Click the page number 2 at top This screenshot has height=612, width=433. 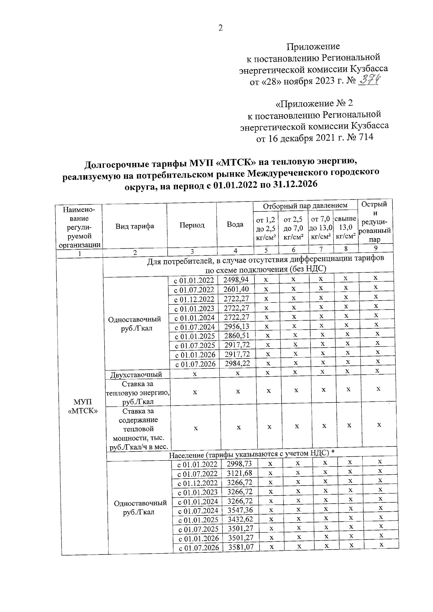[220, 28]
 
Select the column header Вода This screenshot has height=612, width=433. [235, 224]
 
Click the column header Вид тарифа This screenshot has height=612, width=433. [135, 226]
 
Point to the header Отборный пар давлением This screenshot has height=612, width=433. [305, 205]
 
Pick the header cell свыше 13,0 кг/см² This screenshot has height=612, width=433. [345, 227]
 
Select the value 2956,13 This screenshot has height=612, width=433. [237, 327]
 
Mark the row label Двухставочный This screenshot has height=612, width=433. [136, 374]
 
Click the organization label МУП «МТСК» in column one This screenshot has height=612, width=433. [83, 406]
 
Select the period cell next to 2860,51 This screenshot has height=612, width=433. [195, 336]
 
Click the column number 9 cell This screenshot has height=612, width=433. [376, 248]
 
